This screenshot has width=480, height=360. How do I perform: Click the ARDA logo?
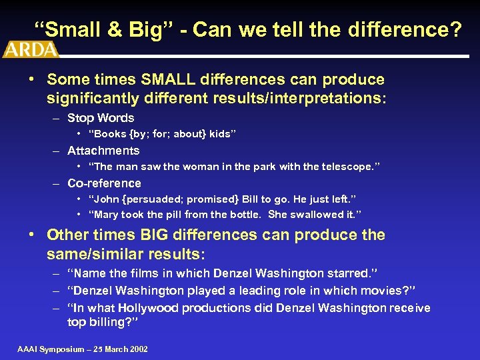click(31, 49)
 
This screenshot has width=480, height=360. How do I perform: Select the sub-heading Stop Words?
click(101, 118)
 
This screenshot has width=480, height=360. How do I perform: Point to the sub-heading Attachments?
click(103, 151)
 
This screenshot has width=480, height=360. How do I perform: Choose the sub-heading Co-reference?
click(105, 183)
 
